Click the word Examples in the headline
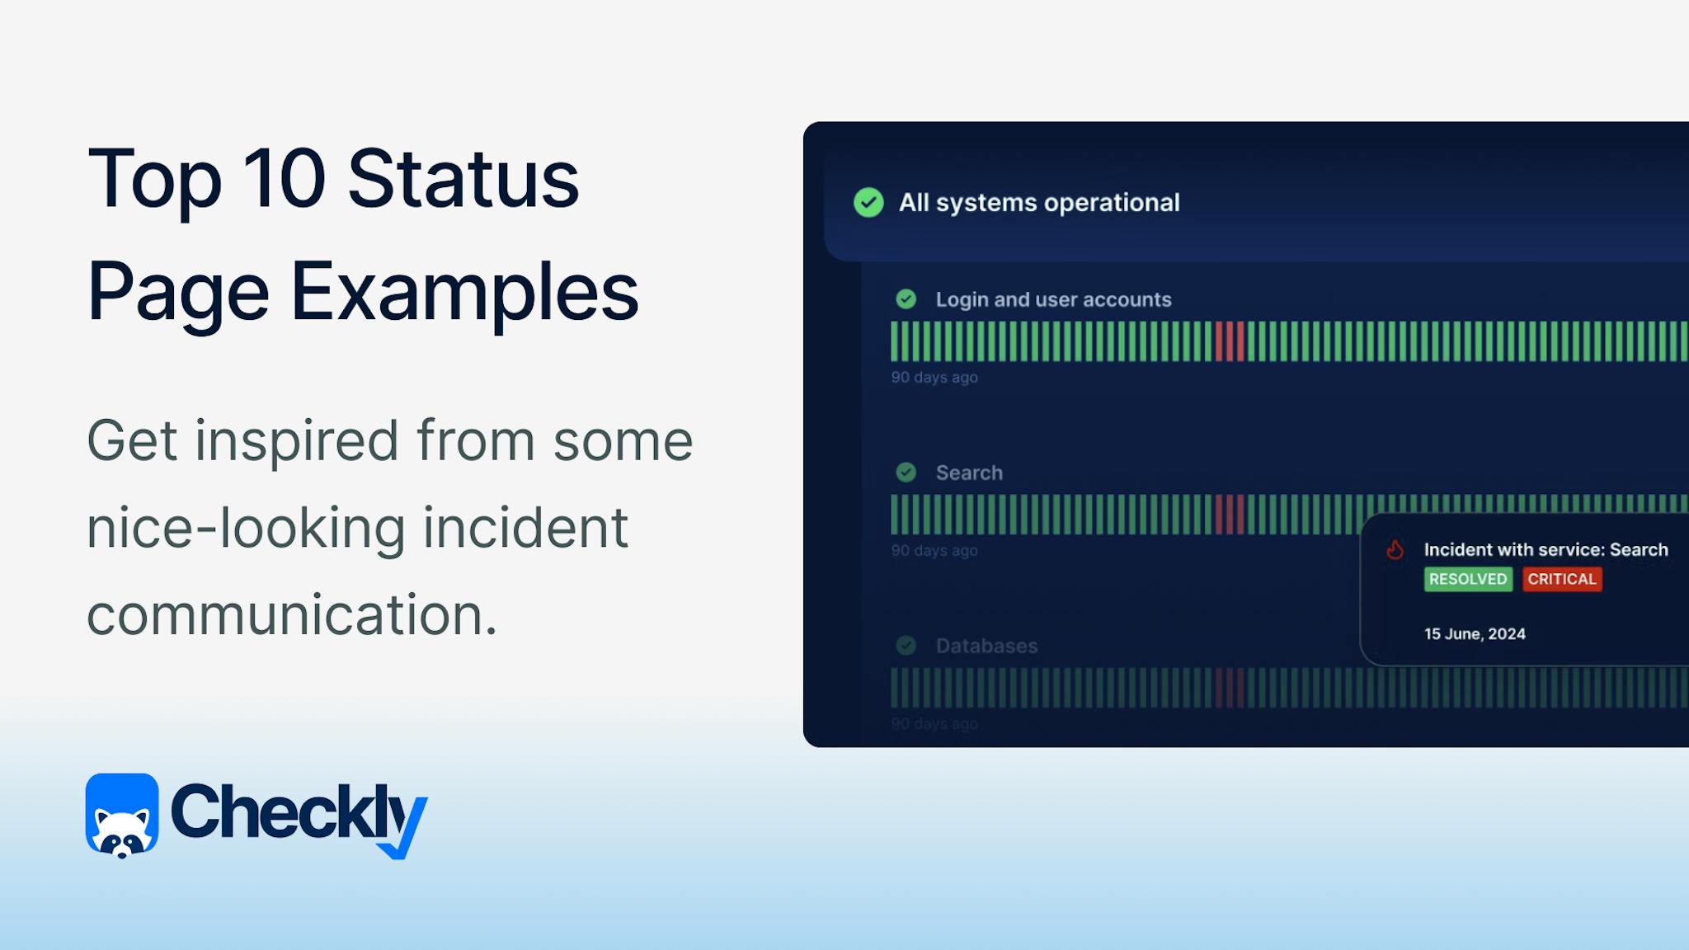464,292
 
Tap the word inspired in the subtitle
296,440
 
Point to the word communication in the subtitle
292,615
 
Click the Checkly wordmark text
297,813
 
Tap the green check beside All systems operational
868,202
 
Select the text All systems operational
1039,202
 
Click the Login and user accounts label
1053,299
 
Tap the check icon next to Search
906,473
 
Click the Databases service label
986,646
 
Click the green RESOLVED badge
1468,579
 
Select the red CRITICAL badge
1562,579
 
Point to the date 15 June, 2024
1475,634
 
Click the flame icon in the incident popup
1395,550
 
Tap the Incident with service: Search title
1546,550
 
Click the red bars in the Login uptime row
1230,341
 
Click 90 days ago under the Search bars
934,550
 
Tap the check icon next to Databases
906,646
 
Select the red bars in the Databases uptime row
1230,688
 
